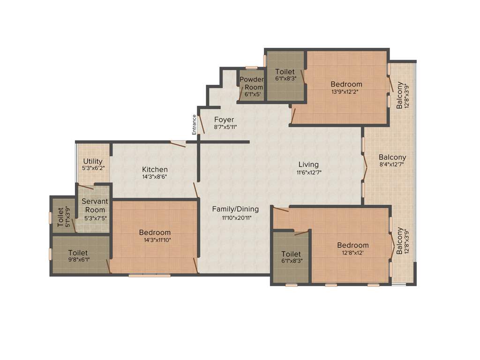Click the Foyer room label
[x=224, y=120]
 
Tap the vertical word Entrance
[x=194, y=124]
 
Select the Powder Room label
[x=252, y=83]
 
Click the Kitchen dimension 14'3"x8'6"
[x=155, y=177]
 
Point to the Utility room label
[x=93, y=161]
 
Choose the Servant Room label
[x=95, y=205]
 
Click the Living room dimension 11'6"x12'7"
[x=308, y=172]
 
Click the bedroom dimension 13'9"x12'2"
[x=346, y=92]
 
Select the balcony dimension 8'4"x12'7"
[x=392, y=165]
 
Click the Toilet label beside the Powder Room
[x=285, y=72]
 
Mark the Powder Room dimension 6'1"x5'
[x=253, y=94]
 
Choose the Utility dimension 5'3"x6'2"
[x=93, y=168]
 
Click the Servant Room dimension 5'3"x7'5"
[x=95, y=217]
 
